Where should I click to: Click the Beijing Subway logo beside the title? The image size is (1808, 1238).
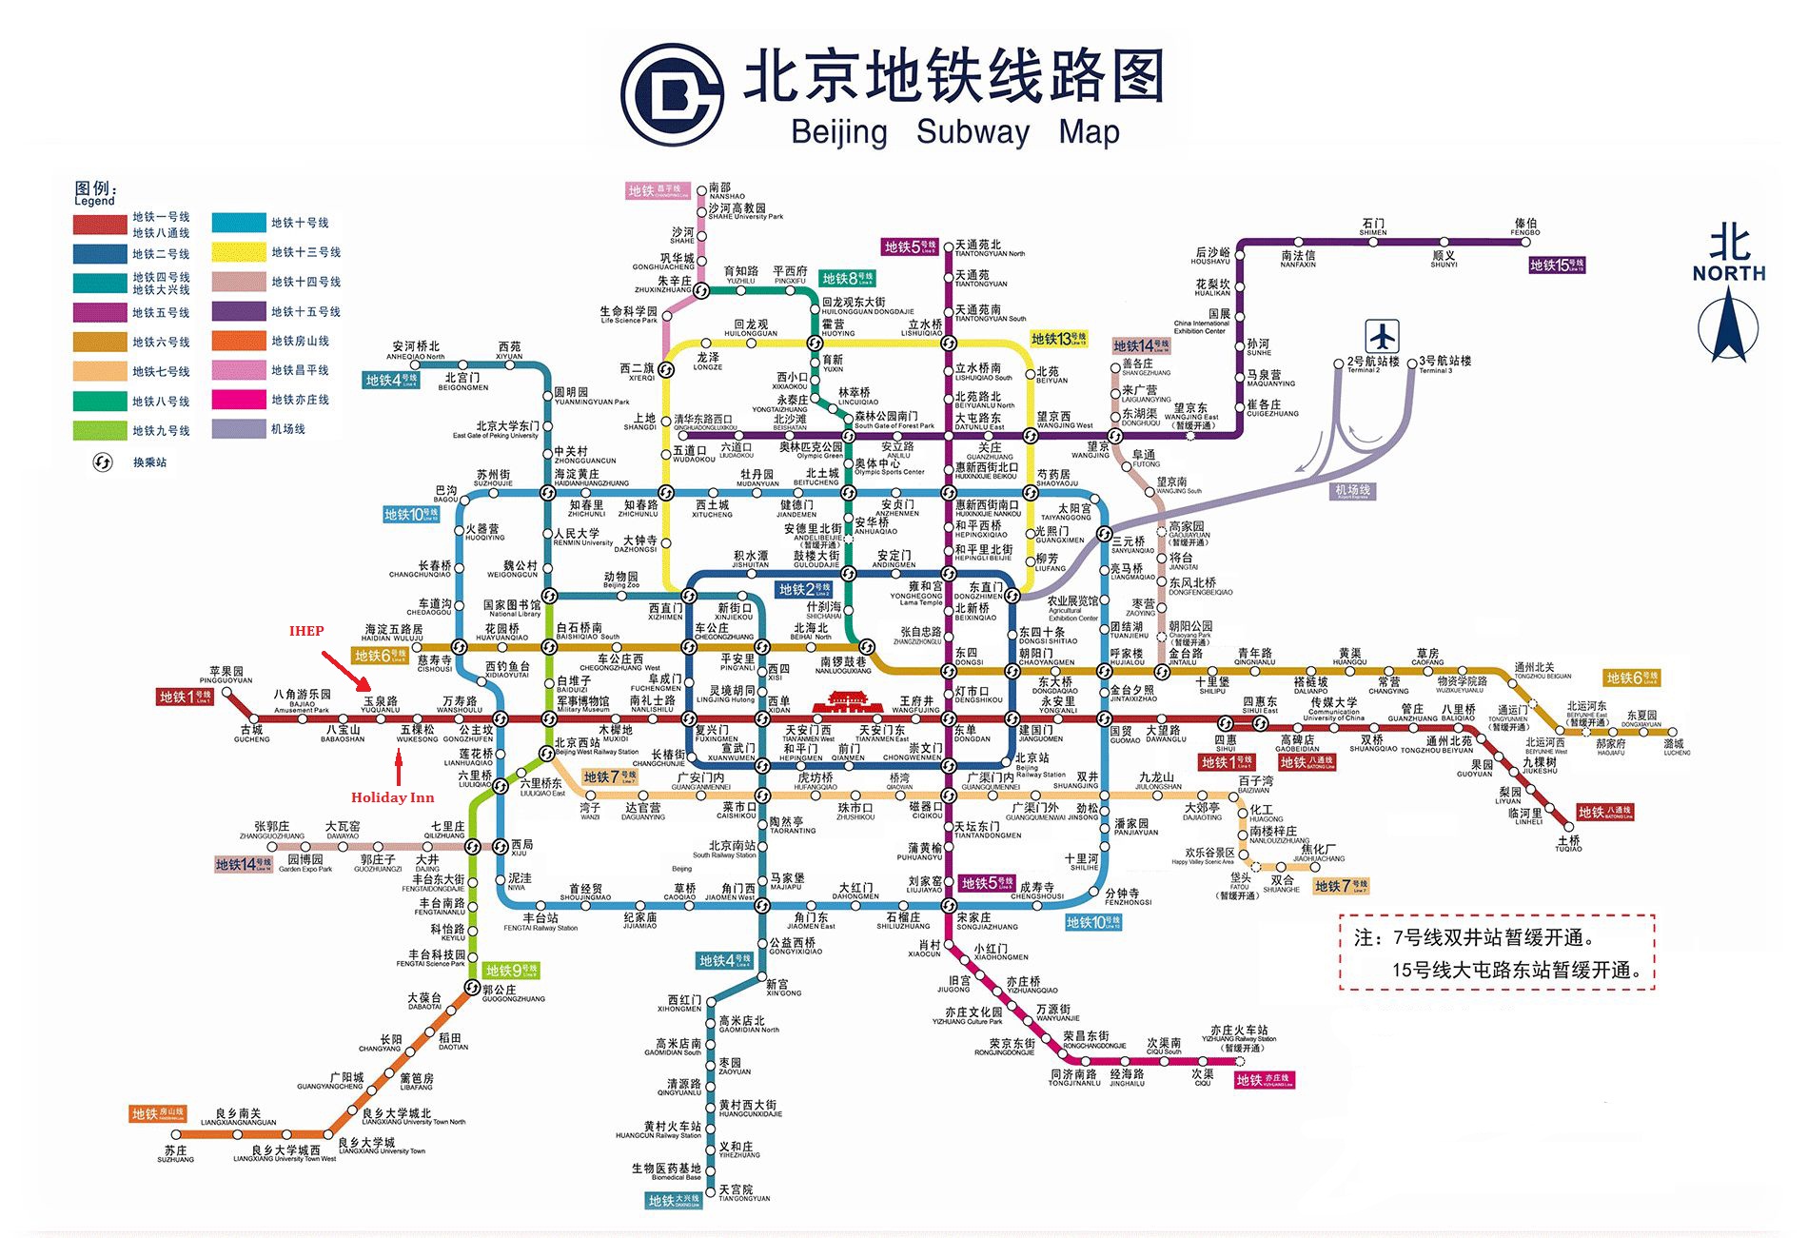click(674, 92)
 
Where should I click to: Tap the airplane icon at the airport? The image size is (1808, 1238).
click(1382, 336)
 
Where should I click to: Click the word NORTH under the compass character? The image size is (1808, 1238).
click(1728, 273)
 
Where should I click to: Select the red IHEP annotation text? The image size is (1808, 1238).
click(306, 631)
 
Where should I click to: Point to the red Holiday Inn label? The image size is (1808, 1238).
click(392, 797)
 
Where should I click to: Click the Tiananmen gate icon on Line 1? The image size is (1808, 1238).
click(849, 703)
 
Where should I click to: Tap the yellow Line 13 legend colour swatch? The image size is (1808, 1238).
click(239, 252)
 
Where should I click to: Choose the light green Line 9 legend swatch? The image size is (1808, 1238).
click(100, 430)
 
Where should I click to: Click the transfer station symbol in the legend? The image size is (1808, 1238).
click(102, 462)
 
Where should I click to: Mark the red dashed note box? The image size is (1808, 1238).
click(1497, 953)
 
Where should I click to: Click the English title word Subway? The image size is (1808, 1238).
click(973, 131)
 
